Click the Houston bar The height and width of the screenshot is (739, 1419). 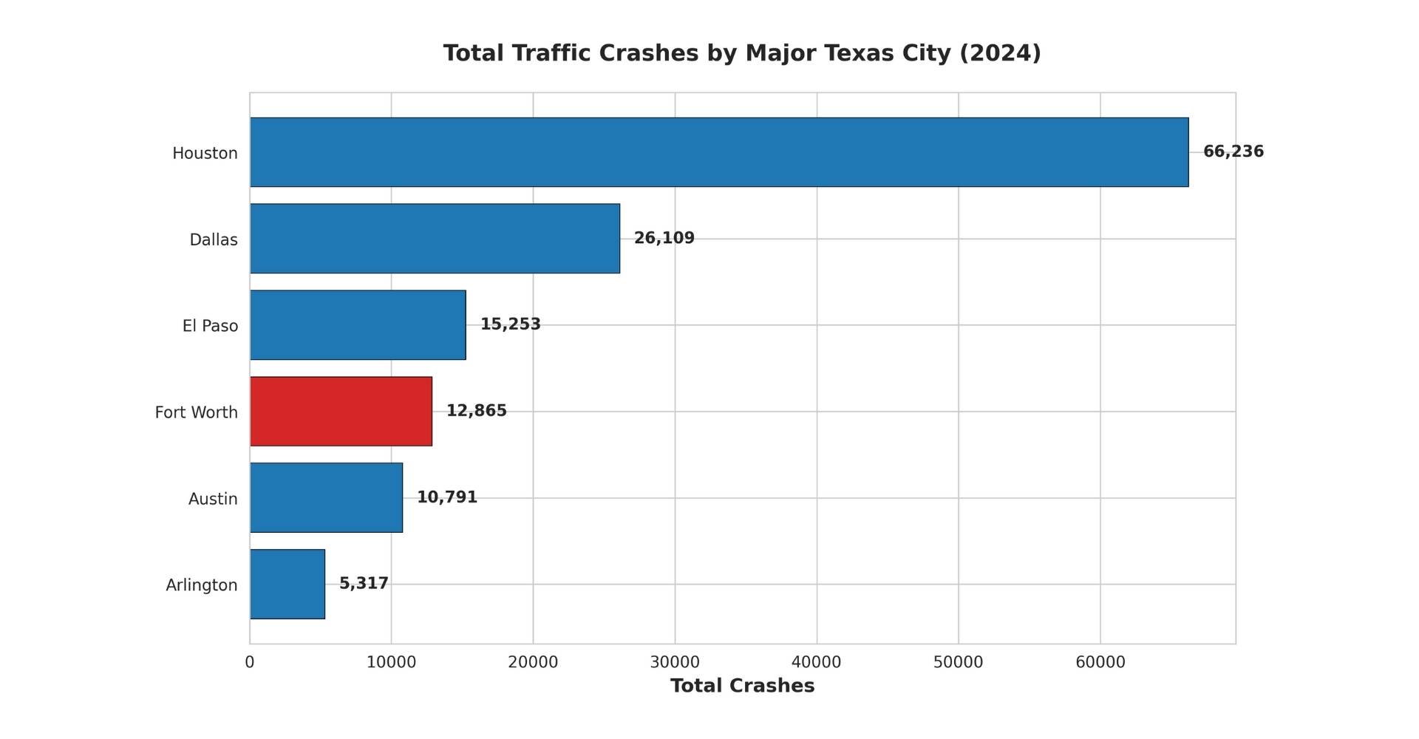tap(719, 152)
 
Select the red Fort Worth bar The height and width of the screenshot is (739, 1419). tap(341, 412)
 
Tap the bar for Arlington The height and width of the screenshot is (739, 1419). tap(287, 584)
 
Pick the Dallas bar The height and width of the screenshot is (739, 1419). tap(435, 239)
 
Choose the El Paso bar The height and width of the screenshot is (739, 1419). tap(358, 325)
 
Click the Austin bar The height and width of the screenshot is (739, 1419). tap(326, 497)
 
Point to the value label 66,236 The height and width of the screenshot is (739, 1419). tap(1233, 151)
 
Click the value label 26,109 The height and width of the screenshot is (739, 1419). tap(664, 238)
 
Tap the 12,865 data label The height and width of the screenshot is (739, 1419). tap(476, 411)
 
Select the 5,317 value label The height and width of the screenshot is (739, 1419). tap(363, 584)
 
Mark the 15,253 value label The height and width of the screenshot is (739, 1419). tap(510, 324)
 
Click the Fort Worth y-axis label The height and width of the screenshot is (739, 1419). tap(196, 412)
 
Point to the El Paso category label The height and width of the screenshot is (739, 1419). tap(210, 326)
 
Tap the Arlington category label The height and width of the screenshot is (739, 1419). tap(201, 585)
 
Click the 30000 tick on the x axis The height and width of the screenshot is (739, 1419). tap(674, 662)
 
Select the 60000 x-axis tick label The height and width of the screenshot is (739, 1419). tap(1100, 662)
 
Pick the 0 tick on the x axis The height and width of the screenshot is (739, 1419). tap(250, 662)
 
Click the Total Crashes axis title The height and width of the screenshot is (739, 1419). tap(742, 686)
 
